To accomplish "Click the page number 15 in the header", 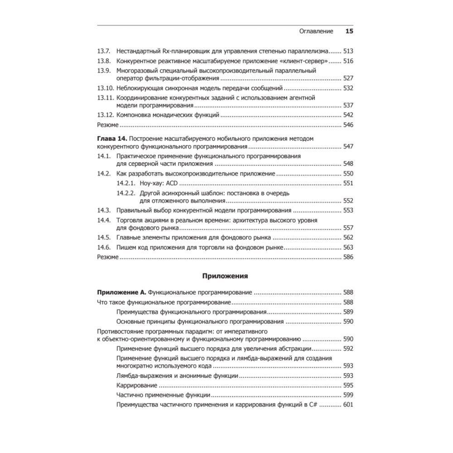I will click(349, 31).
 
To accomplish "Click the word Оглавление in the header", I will click(317, 32).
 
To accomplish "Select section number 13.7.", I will click(105, 51).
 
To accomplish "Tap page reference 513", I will click(348, 51).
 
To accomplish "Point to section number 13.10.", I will click(106, 88).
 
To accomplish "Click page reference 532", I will click(348, 88).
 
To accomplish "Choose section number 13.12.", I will click(106, 115).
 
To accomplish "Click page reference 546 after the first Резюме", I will click(348, 125).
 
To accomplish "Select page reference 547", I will click(348, 147).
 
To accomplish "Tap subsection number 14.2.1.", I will click(126, 183).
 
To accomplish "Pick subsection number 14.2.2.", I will click(126, 193).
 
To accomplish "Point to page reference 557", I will click(348, 228).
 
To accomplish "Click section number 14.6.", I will click(105, 247).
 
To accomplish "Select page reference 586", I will click(348, 257).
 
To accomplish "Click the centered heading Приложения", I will click(225, 275).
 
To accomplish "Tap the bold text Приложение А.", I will click(122, 293).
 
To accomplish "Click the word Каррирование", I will click(137, 386).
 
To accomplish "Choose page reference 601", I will click(348, 405).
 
